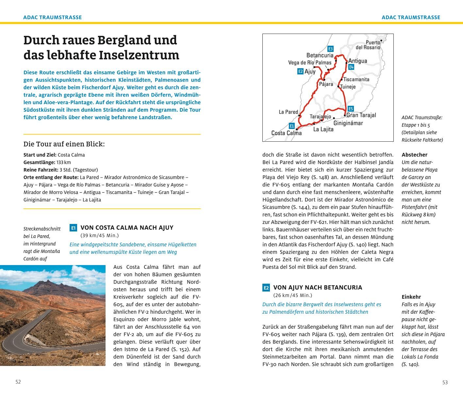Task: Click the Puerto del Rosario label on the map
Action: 368,45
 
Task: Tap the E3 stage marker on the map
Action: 330,49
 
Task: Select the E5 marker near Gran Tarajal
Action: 351,109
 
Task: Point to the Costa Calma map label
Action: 287,133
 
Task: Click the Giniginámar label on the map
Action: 348,123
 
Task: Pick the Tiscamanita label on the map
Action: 356,79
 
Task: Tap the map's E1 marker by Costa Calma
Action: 292,126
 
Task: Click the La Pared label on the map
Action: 289,112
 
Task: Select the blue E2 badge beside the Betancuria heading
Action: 266,288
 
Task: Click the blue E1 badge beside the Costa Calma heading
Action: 73,228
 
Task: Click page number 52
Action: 18,382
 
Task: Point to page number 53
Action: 445,382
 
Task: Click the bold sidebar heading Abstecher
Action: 414,155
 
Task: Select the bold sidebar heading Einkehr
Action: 411,297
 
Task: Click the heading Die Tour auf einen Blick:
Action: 64,144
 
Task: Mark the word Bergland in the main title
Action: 124,40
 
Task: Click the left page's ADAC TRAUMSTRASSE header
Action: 52,17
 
